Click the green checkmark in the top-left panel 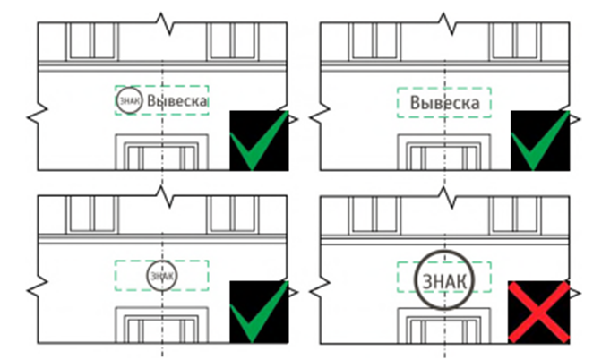click(259, 141)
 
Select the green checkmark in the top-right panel click(540, 141)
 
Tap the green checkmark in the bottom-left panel click(259, 311)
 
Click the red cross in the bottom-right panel click(540, 311)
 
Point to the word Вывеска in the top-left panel click(177, 102)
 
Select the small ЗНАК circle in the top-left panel click(129, 101)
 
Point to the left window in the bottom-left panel click(91, 211)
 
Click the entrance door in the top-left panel click(162, 154)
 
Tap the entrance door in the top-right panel click(443, 154)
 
